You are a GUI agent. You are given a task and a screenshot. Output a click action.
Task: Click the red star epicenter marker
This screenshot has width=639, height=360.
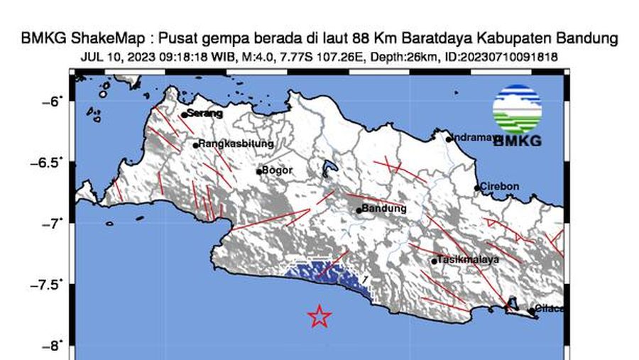click(x=319, y=316)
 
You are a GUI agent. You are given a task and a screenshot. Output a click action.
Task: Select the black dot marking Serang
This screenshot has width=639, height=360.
click(x=184, y=114)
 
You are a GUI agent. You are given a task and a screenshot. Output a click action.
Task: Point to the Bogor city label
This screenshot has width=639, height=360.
click(x=278, y=170)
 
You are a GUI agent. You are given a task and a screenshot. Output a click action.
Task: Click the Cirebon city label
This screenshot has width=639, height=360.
click(x=500, y=187)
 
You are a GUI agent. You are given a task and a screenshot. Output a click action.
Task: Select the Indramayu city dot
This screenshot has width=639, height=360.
click(x=449, y=139)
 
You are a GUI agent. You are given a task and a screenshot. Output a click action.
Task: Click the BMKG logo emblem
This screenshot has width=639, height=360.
click(x=517, y=109)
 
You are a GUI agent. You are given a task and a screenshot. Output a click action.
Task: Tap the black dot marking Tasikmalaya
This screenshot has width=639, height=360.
click(x=434, y=261)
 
